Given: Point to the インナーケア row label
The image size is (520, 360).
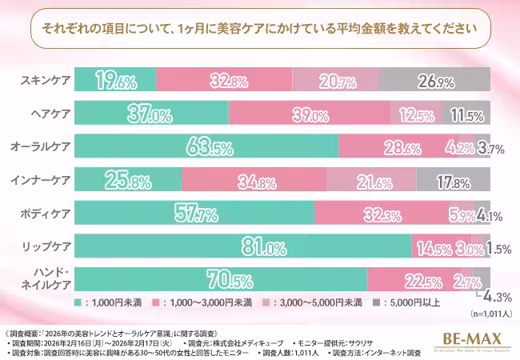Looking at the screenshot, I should pos(42,180).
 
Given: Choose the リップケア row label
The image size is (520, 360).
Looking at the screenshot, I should pos(45,246).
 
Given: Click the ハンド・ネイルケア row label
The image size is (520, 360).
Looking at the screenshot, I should pos(48,280).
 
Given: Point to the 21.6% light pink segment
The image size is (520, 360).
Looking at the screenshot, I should pos(371,180).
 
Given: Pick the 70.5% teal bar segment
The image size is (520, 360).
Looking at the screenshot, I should pos(222,280).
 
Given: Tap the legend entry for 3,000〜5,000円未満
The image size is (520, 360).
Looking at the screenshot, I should pos(320,303).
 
